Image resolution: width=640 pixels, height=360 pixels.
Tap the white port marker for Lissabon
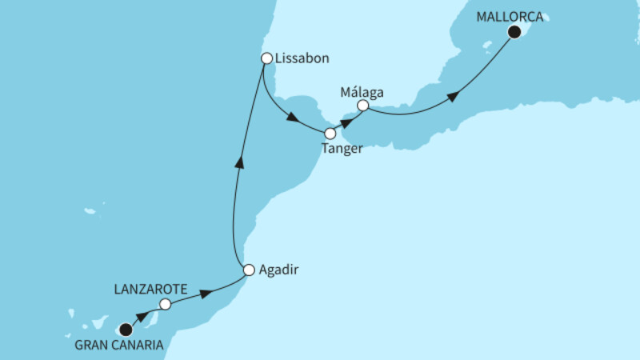267,58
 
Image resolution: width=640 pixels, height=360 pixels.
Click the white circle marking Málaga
363,105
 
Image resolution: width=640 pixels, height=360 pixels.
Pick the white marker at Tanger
330,134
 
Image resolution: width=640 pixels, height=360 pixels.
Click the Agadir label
279,270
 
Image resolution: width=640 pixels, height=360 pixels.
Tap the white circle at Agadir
249,270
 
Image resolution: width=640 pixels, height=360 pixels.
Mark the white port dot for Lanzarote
165,304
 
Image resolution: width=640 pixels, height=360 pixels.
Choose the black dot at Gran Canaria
125,328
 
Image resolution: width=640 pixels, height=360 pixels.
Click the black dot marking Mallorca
514,32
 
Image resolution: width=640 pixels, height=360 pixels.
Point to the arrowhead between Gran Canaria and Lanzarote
146,317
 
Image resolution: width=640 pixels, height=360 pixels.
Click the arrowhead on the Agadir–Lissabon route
237,164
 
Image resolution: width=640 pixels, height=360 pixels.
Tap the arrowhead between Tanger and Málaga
346,121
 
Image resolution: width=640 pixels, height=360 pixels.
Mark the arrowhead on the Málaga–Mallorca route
453,97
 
